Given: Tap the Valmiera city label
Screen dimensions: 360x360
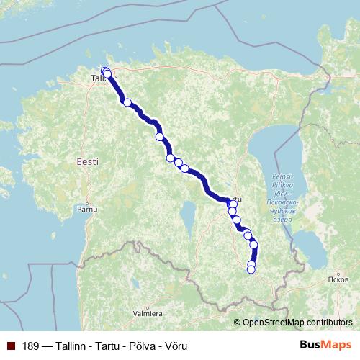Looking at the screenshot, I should tap(147, 314).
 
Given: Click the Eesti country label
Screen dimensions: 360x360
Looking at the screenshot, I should tap(87, 163).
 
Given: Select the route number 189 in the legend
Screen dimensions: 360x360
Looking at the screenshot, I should tap(31, 346).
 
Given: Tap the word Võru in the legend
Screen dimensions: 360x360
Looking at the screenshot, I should tap(176, 346).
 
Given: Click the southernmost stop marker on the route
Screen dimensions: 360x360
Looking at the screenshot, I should tap(251, 270).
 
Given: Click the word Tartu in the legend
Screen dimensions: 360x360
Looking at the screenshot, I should tap(106, 346).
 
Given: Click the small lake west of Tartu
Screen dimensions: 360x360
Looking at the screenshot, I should tap(188, 214).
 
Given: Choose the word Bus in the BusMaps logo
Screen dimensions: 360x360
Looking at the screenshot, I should tap(310, 346).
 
